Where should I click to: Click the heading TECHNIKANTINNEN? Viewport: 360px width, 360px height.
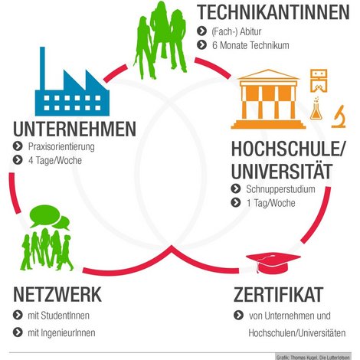(273, 12)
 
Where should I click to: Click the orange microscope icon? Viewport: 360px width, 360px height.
(339, 116)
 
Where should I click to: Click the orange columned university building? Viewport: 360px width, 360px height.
(268, 99)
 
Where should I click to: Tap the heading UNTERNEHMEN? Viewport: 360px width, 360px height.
(74, 129)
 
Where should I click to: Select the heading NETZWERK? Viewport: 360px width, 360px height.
(57, 294)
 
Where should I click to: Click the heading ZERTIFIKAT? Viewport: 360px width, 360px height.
(278, 294)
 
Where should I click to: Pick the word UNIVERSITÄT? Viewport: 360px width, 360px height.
(282, 171)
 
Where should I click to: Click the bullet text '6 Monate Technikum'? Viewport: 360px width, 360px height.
(250, 45)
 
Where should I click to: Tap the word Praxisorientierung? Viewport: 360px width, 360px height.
(61, 147)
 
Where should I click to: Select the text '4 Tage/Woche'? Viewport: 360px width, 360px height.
(55, 161)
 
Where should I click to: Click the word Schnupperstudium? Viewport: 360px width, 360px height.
(280, 189)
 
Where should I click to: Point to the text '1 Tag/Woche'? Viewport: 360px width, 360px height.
(270, 203)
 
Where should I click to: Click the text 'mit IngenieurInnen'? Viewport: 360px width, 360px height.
(61, 333)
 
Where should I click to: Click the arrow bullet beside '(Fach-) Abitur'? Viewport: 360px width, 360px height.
(201, 31)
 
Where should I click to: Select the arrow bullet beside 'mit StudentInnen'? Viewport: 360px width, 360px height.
(18, 315)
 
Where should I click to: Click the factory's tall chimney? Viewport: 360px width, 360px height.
(43, 68)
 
